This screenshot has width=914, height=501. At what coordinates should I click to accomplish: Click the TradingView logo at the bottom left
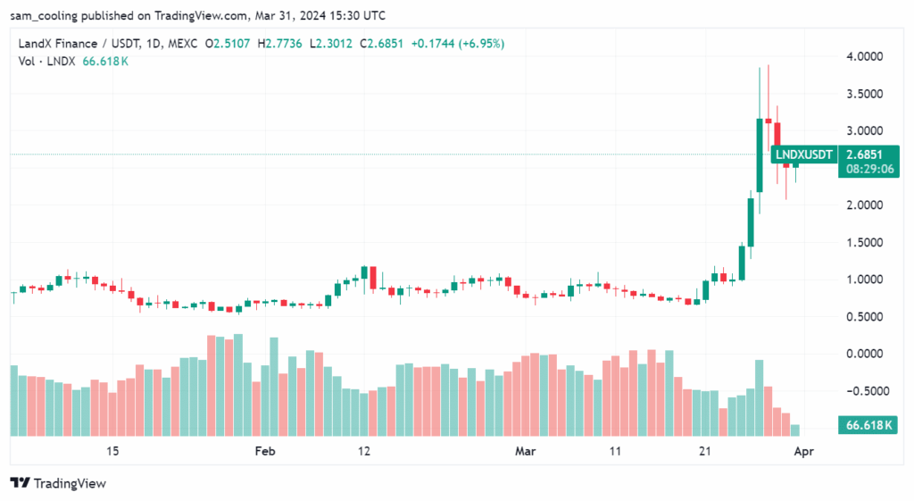[58, 483]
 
